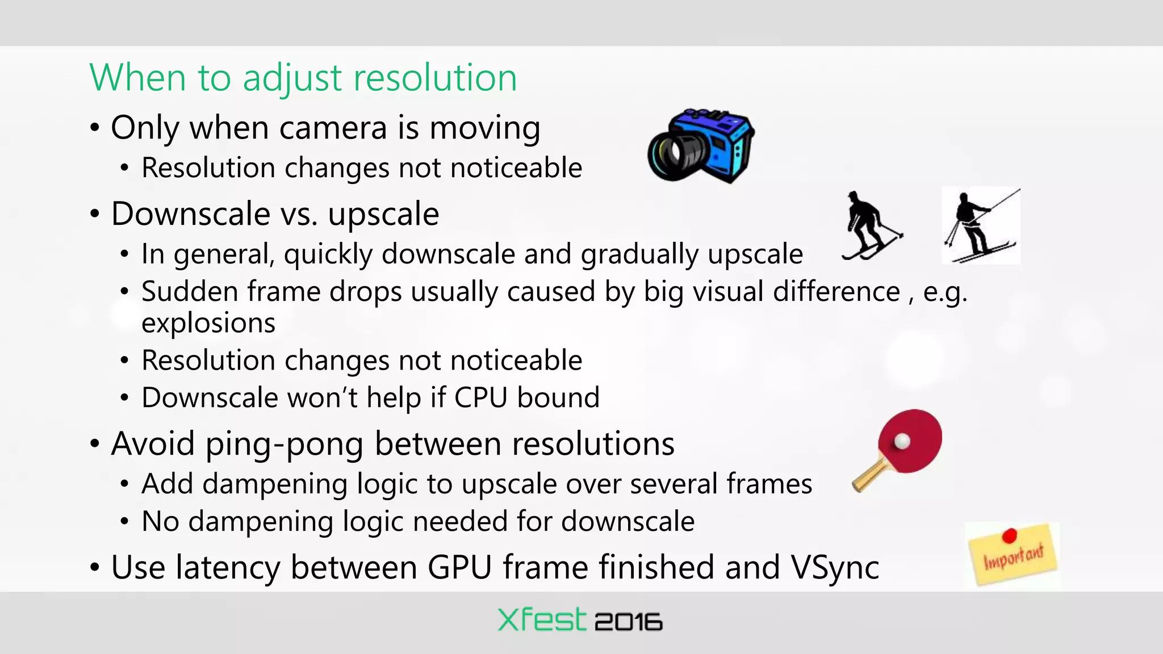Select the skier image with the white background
click(x=981, y=226)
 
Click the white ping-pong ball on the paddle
click(x=902, y=441)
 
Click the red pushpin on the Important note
click(x=1009, y=535)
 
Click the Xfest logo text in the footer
click(x=541, y=619)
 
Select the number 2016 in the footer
click(x=628, y=622)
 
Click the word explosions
click(x=208, y=323)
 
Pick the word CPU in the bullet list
click(x=480, y=397)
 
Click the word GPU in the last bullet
click(x=459, y=567)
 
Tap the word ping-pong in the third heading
click(x=284, y=444)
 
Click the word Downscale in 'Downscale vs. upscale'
click(x=190, y=214)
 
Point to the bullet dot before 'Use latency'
click(x=95, y=567)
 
